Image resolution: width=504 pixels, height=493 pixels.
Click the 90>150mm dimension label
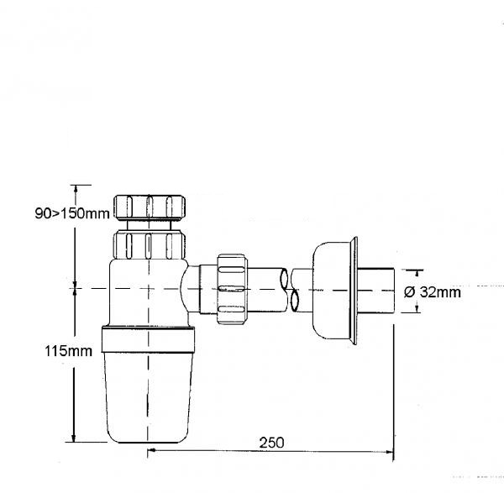pos(72,213)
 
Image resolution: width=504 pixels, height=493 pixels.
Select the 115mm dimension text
pos(68,351)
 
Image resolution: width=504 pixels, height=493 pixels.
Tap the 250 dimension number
pos(271,443)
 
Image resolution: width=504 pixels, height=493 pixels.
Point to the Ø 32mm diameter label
pos(433,292)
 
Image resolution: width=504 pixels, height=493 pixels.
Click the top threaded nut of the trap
pos(150,207)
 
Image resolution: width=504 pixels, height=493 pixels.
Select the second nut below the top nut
pos(150,245)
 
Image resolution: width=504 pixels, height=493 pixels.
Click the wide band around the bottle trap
pos(148,339)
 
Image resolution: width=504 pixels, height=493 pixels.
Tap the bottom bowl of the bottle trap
pos(148,398)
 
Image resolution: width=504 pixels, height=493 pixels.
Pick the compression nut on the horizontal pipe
pos(232,289)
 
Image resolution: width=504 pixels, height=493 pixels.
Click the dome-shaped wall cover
pos(331,291)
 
